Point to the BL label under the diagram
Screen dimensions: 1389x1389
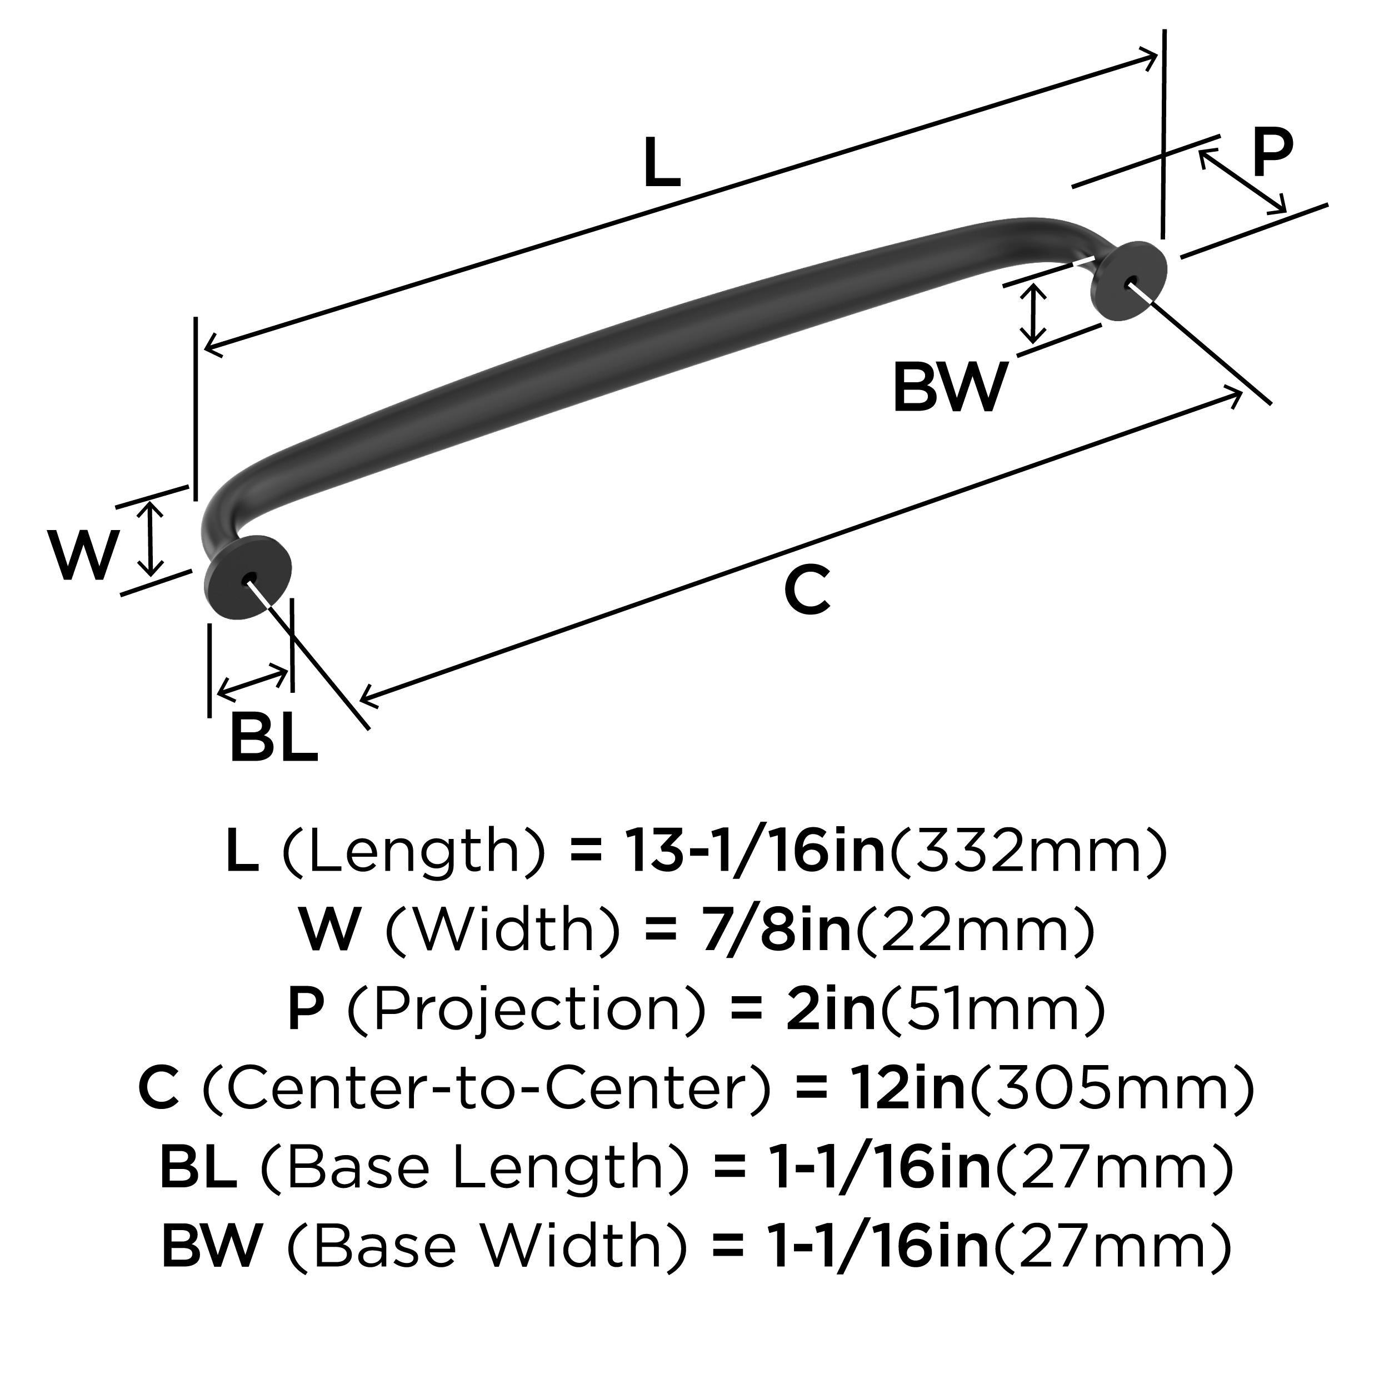coord(273,738)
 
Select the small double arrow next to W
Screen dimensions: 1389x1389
coord(149,539)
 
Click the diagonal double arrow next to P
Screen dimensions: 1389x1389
coord(1242,181)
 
